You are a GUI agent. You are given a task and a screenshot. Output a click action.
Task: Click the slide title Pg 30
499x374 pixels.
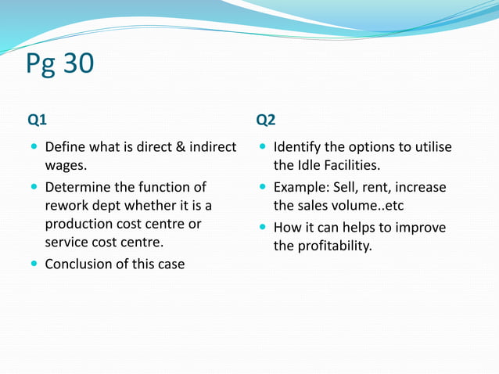click(59, 64)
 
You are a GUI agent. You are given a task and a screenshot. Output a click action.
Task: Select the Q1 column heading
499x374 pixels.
click(38, 120)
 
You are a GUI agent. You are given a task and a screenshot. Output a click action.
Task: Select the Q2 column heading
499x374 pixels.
click(266, 120)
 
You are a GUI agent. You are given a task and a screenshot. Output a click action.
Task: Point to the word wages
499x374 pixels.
click(65, 166)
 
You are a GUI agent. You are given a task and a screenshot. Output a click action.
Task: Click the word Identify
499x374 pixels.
click(299, 147)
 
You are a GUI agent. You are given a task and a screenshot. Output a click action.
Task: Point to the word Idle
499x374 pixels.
click(309, 166)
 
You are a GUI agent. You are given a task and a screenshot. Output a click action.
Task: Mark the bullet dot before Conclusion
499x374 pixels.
click(34, 264)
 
